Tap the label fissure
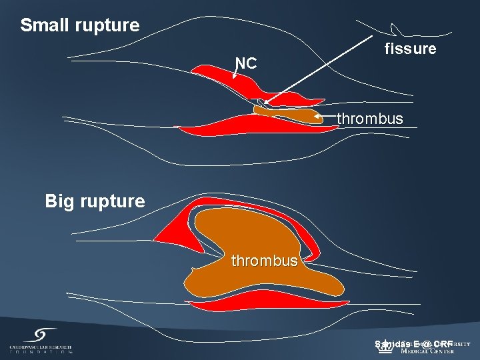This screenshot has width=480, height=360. (411, 49)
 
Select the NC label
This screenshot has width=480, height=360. (245, 63)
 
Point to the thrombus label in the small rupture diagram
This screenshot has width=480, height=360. (370, 119)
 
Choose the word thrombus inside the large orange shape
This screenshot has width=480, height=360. (265, 261)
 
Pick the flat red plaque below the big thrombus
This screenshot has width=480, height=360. (267, 307)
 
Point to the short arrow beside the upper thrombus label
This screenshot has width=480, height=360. (325, 117)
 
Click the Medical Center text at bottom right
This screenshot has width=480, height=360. (427, 351)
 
